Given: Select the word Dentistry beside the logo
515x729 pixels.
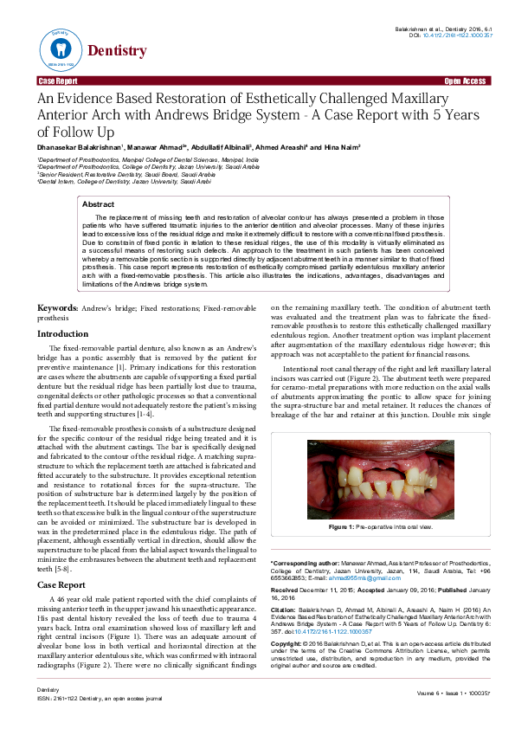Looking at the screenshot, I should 117,51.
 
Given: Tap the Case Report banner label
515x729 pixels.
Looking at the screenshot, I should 57,81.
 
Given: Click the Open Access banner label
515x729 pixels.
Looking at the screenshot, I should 465,81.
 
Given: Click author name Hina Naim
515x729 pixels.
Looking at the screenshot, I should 342,148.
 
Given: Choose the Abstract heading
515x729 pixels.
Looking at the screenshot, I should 98,204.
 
